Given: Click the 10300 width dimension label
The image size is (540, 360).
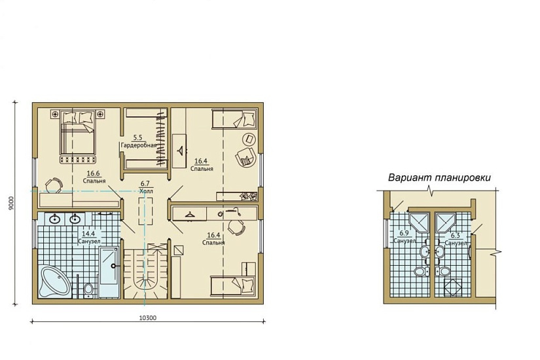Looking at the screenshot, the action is click(x=147, y=318).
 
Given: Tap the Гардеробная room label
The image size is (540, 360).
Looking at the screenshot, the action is click(x=139, y=145).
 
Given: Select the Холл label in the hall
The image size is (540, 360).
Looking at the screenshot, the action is click(x=146, y=191).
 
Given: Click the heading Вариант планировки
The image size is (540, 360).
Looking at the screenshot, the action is click(x=439, y=178).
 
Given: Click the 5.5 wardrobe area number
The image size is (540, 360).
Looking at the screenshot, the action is click(x=137, y=138).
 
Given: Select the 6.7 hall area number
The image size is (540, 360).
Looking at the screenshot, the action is click(x=146, y=184).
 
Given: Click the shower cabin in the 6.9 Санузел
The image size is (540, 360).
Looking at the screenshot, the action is click(x=419, y=223).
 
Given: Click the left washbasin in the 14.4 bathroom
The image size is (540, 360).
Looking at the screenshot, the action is click(x=55, y=219).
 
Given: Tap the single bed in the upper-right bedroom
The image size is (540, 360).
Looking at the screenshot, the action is click(x=234, y=119).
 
